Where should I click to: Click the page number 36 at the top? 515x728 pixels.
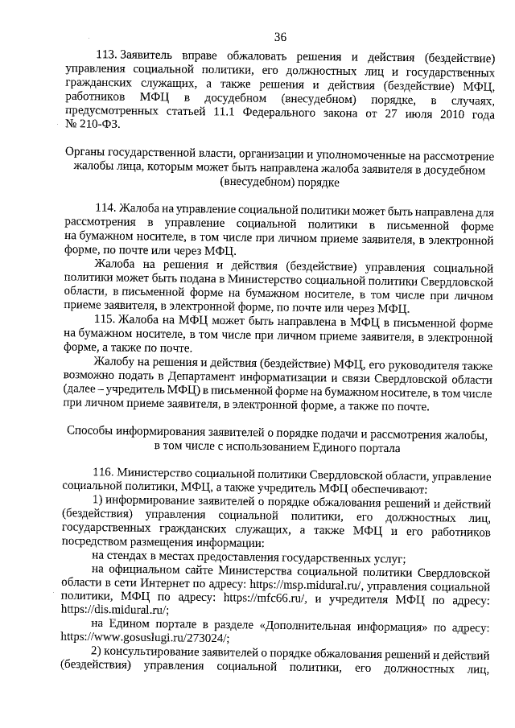(280, 36)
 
